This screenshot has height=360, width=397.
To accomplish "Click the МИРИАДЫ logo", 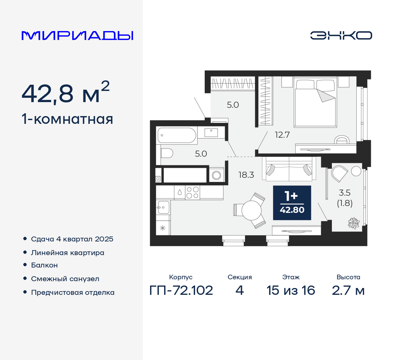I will (x=78, y=36).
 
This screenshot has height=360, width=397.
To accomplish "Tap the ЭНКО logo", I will (x=341, y=35).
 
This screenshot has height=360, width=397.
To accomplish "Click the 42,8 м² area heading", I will (x=65, y=93).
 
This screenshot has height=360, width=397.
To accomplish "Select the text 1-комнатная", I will (x=67, y=119).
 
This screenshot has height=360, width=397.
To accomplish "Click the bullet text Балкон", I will (x=44, y=265).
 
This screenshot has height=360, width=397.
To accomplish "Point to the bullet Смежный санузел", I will (x=65, y=279).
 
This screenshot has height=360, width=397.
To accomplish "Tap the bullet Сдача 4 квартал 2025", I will (x=72, y=239).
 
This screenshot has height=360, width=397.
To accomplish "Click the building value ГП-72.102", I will (x=181, y=290).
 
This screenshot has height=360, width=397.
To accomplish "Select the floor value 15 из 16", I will (x=291, y=290).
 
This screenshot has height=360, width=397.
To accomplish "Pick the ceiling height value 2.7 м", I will (x=348, y=290).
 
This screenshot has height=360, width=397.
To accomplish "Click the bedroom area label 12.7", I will (x=282, y=135).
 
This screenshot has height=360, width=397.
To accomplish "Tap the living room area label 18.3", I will (x=246, y=175).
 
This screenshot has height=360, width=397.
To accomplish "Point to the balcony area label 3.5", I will (x=345, y=193).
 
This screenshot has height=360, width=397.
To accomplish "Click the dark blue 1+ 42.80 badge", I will (x=292, y=203).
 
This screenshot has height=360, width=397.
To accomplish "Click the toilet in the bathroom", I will (x=167, y=153).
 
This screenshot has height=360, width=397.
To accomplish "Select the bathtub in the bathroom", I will (x=177, y=135).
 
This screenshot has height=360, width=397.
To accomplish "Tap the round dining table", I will (x=252, y=210).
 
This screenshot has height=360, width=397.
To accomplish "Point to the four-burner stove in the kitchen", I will (x=192, y=192).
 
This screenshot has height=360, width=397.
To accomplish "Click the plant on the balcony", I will (x=354, y=223).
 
